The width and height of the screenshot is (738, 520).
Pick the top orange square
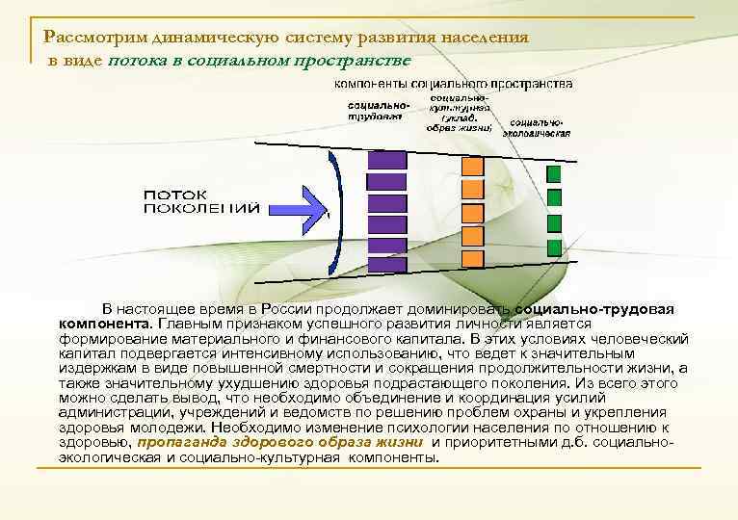472,166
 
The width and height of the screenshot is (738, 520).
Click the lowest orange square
472,258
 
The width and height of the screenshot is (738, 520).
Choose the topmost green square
554,173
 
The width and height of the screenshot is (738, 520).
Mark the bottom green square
554,247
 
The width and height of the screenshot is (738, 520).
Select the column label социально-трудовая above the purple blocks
375,109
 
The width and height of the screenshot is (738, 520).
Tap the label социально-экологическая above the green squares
539,128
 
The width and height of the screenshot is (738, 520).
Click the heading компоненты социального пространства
446,84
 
